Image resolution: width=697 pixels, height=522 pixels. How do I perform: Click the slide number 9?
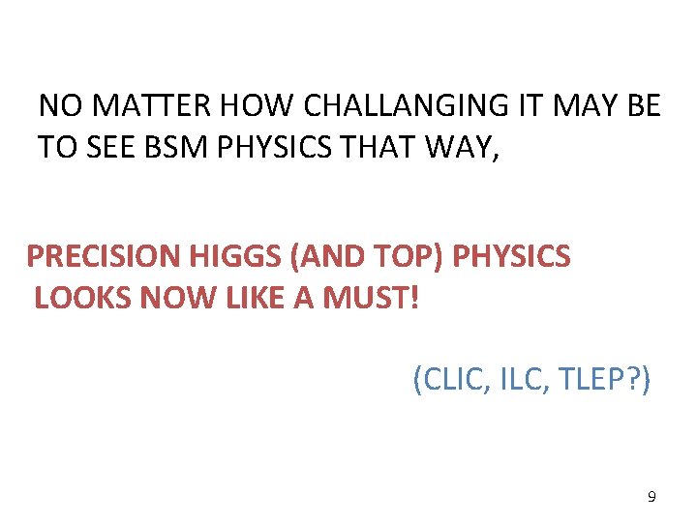(x=651, y=497)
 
